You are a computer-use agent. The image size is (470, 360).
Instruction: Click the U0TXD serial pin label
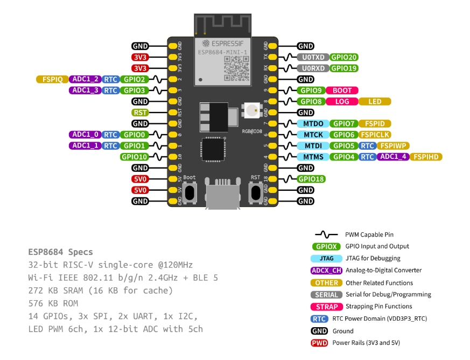(313, 57)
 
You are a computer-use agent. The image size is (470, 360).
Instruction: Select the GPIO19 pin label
(343, 68)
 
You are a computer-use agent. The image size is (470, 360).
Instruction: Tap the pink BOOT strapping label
(342, 91)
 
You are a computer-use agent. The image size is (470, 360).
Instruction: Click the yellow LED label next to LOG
(375, 101)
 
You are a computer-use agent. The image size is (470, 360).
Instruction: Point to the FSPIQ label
(52, 79)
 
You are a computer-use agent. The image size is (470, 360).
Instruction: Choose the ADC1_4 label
(394, 157)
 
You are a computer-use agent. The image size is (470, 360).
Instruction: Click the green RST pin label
(141, 113)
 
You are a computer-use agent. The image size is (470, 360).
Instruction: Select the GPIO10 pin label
(134, 157)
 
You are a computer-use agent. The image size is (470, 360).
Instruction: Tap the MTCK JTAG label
(313, 135)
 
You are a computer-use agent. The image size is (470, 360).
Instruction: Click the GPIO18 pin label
(312, 179)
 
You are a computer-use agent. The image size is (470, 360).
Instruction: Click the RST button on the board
(255, 192)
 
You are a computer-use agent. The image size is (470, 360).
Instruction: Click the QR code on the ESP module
(236, 68)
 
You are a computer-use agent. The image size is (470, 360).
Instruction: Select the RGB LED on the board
(251, 112)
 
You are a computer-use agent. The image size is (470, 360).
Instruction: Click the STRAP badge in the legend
(327, 307)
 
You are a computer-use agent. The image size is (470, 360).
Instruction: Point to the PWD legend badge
(320, 343)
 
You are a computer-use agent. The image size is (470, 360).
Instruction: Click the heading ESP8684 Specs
(60, 252)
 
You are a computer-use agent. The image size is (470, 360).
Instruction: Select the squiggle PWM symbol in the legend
(326, 234)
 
